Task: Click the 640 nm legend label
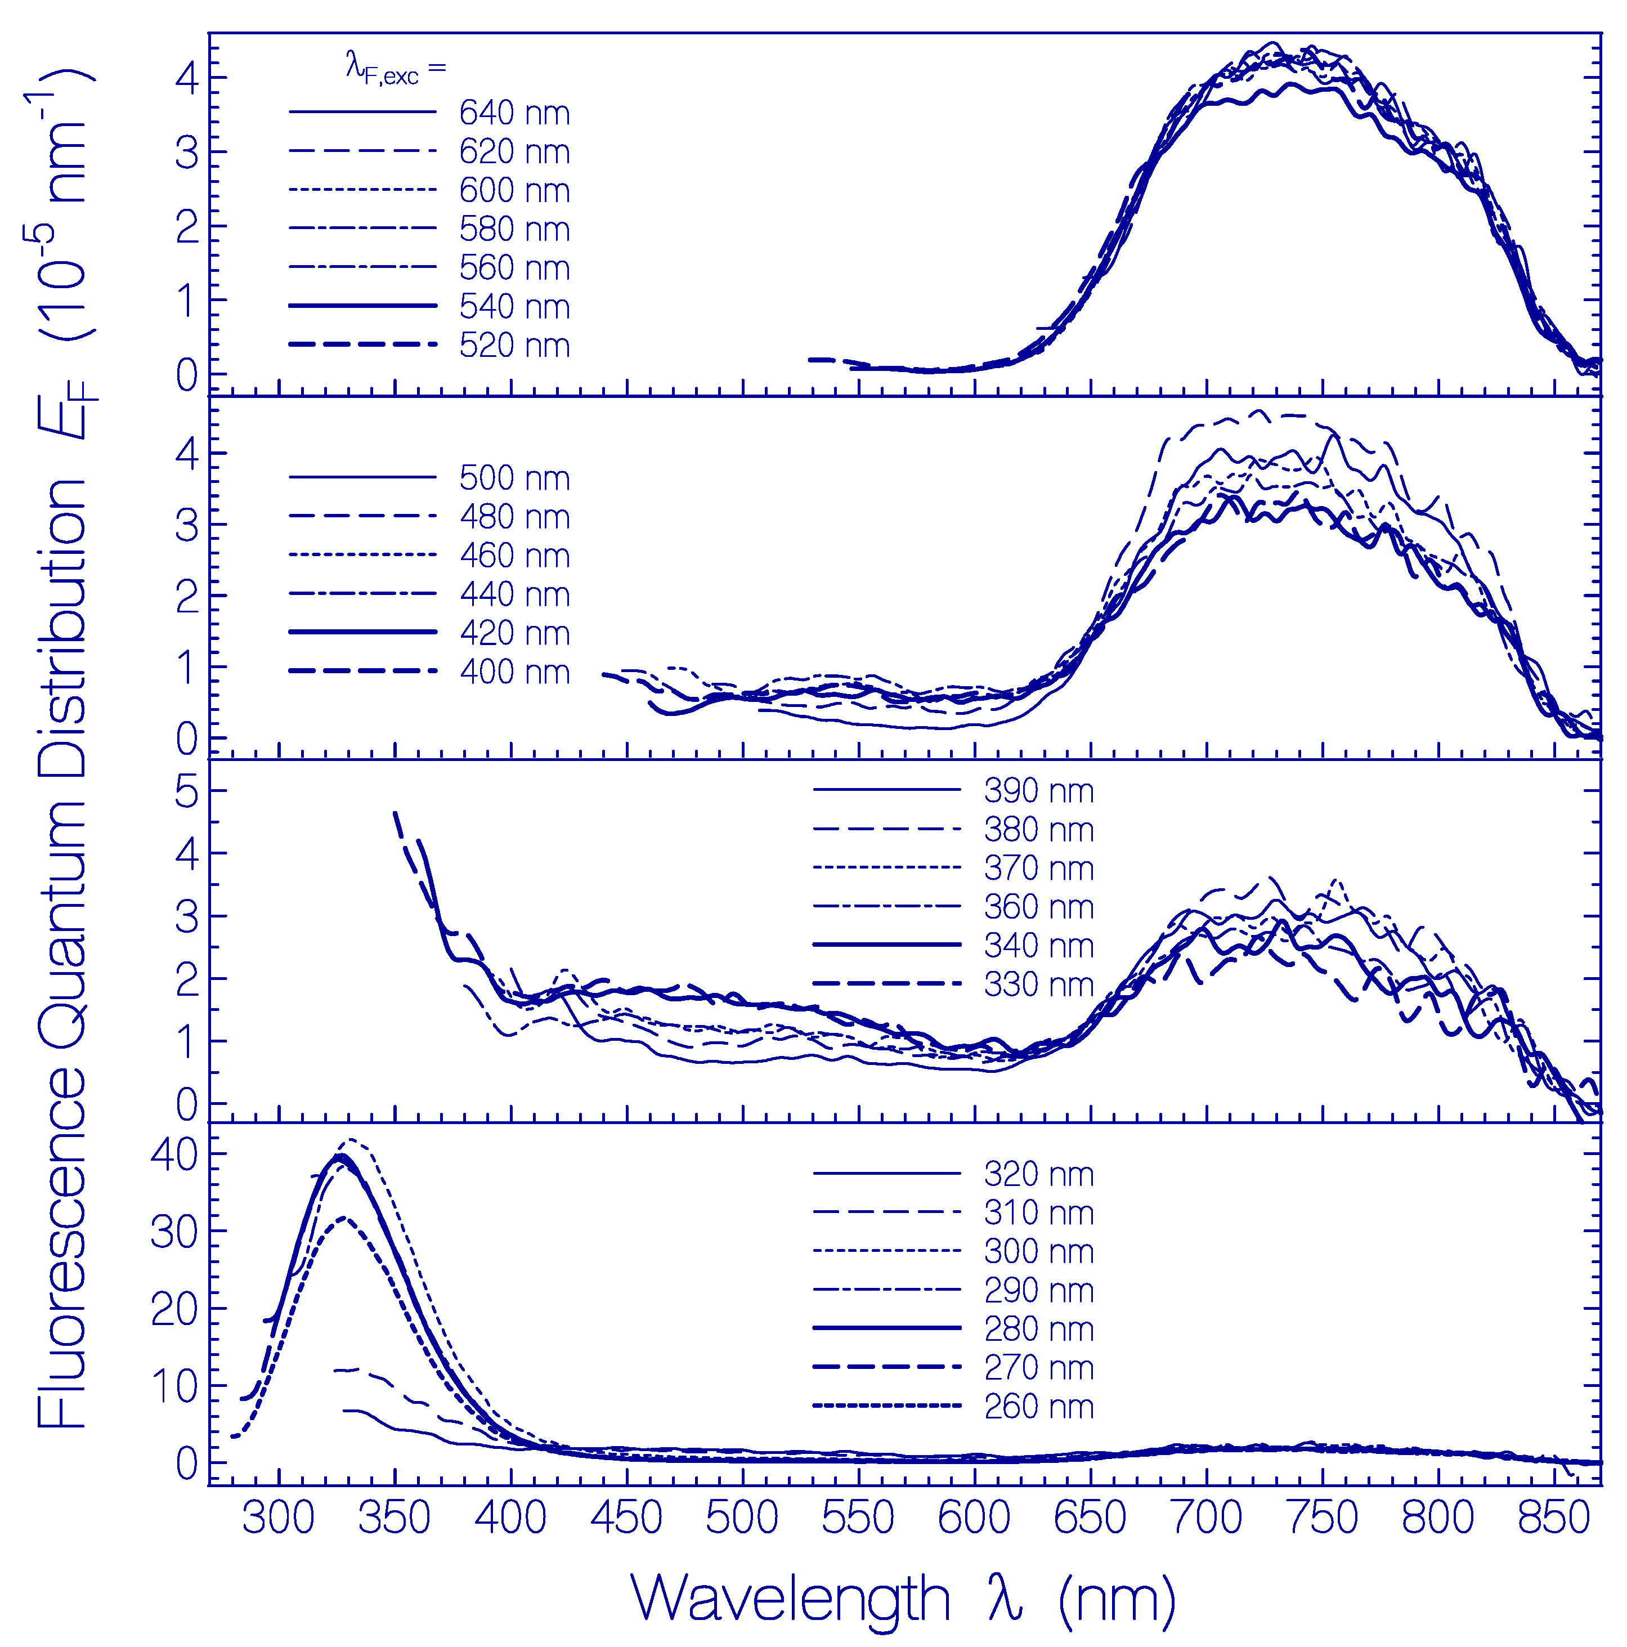(514, 113)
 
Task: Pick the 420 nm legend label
(514, 633)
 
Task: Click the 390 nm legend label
(1038, 790)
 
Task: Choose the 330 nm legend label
(1038, 984)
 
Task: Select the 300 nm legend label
(1038, 1251)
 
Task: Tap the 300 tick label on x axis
(279, 1518)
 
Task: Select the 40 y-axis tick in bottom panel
(174, 1155)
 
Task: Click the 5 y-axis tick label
(187, 792)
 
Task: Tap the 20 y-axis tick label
(174, 1309)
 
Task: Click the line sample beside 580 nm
(362, 229)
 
